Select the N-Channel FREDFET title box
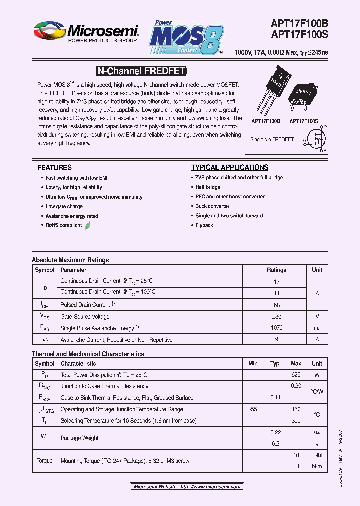tap(140, 71)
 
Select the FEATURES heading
tap(54, 168)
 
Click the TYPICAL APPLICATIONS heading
tap(230, 168)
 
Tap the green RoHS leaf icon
tap(88, 225)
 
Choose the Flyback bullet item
tap(204, 225)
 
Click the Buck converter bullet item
tap(212, 206)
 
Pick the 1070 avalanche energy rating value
tap(276, 328)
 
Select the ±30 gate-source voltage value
tap(276, 316)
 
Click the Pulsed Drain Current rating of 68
tap(276, 305)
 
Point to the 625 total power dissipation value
tap(296, 375)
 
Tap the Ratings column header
tap(276, 270)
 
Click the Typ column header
tap(275, 363)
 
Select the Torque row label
tap(44, 461)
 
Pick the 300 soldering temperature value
tap(296, 421)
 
